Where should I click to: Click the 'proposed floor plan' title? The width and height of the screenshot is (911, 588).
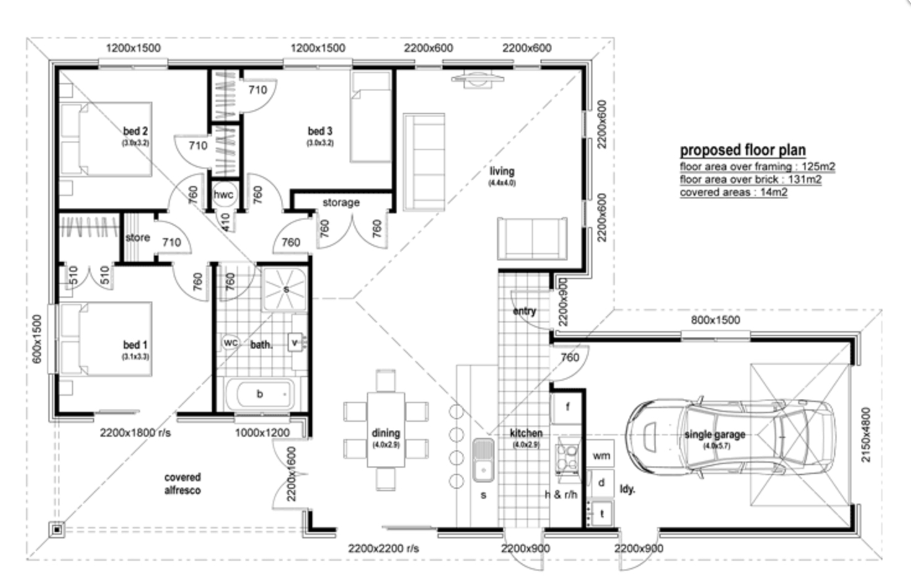pos(742,150)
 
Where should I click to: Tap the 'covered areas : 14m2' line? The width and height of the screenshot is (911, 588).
pos(733,192)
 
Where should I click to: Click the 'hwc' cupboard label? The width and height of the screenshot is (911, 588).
pos(223,195)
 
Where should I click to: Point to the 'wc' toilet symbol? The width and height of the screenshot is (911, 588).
pos(231,342)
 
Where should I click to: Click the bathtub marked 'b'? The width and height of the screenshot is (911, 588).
pos(259,394)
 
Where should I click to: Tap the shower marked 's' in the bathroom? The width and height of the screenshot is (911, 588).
pos(285,289)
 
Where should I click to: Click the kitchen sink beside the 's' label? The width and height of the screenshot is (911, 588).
pos(482,460)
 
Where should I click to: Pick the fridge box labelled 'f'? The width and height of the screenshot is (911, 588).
pos(568,408)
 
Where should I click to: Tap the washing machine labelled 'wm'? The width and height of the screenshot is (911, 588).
pos(601,456)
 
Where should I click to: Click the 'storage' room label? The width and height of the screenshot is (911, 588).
pos(340,203)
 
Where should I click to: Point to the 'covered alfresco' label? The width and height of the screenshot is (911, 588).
pos(182,484)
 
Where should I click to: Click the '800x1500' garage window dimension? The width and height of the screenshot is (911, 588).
pos(715,320)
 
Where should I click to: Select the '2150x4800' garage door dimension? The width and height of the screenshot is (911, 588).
pos(866,434)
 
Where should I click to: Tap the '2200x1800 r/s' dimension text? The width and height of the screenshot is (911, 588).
pos(135,433)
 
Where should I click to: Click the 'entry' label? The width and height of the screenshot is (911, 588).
pos(524,311)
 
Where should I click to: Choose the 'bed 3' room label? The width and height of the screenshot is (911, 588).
pos(320,131)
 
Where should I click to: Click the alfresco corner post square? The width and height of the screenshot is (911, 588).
pos(57,530)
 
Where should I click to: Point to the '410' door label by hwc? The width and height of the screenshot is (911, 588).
pos(226,222)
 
